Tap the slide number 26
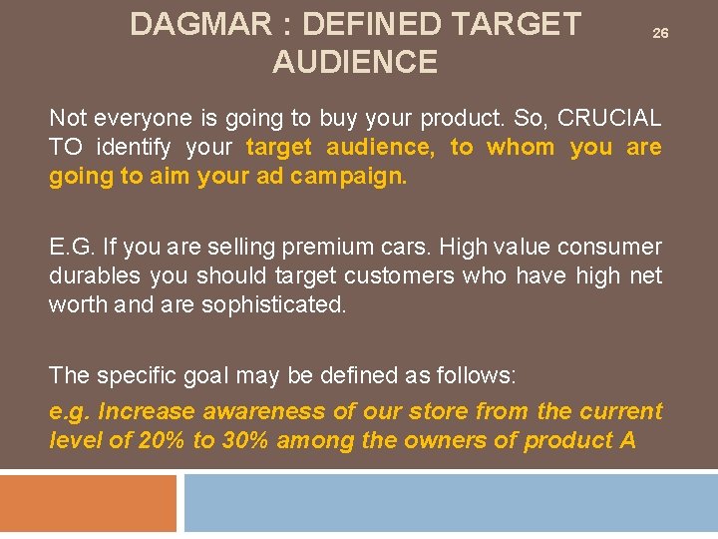click(660, 34)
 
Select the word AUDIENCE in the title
click(355, 62)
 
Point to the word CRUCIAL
click(609, 118)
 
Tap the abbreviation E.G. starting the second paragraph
click(68, 247)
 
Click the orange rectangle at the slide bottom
click(88, 503)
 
